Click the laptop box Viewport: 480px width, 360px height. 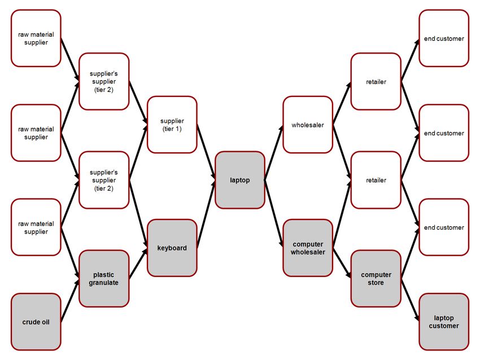pos(239,180)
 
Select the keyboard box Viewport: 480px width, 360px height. pos(172,248)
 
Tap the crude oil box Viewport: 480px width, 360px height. pos(36,322)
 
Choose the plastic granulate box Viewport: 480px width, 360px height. pos(104,279)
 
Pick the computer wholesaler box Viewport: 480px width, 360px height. pos(308,248)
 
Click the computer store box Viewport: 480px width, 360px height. pos(376,279)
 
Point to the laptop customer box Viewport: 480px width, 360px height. pos(444,322)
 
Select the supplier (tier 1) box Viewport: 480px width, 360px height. pos(172,125)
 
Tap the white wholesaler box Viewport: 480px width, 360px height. pos(308,125)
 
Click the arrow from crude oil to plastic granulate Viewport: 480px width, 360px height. pos(70,300)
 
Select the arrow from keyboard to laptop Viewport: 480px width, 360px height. pos(206,214)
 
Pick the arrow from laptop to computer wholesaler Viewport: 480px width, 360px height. pos(274,214)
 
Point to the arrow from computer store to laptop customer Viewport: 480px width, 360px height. pos(410,300)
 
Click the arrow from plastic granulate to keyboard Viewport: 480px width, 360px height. pos(138,264)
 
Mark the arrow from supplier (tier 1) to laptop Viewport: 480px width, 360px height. pos(206,152)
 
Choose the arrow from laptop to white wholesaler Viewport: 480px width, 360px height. pos(274,152)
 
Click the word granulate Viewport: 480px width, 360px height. pos(104,283)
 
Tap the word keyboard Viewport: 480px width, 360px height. pos(172,248)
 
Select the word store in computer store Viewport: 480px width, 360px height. pos(376,283)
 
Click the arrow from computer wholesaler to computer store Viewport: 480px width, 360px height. pos(342,264)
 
